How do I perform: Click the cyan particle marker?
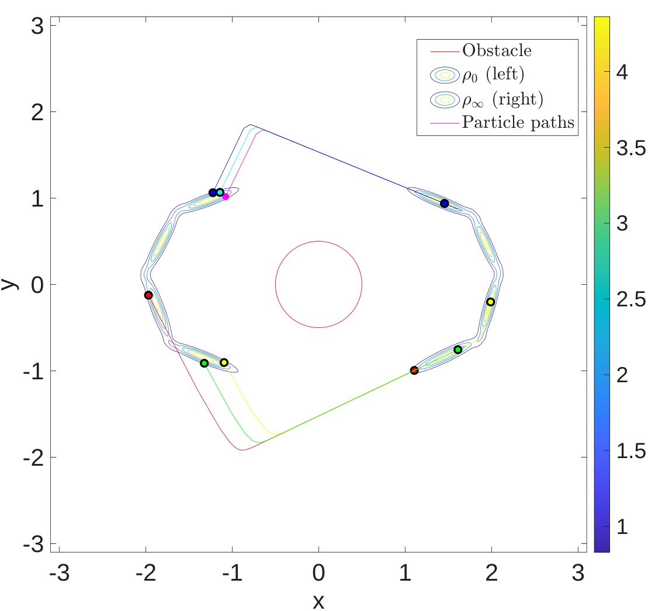click(x=220, y=193)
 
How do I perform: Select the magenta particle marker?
click(x=226, y=197)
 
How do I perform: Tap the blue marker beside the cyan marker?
click(x=213, y=193)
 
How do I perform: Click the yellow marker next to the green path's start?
click(x=224, y=362)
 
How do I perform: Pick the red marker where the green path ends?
click(x=414, y=371)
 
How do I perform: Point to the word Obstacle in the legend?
click(x=497, y=50)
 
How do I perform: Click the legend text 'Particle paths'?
click(x=518, y=122)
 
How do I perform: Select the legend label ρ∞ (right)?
click(x=503, y=99)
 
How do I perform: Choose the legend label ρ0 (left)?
click(x=493, y=75)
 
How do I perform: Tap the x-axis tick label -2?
click(x=146, y=572)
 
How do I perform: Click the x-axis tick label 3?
click(x=578, y=572)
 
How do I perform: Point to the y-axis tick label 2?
click(x=37, y=112)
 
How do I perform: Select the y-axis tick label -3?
click(x=33, y=544)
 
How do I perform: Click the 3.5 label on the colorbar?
click(x=630, y=148)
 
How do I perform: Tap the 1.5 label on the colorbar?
click(x=630, y=451)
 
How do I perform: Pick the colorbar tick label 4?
click(x=622, y=72)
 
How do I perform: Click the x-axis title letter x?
click(x=318, y=601)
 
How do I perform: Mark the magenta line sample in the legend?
click(x=445, y=123)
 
